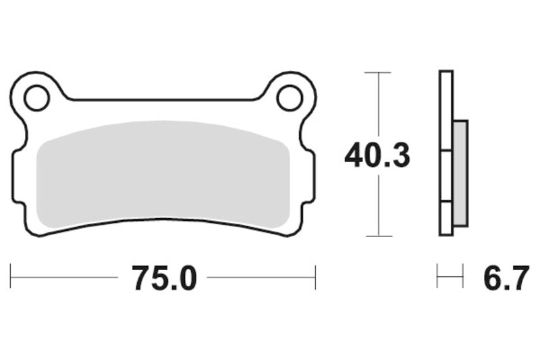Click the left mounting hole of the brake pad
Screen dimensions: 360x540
point(36,99)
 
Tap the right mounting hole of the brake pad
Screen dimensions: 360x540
point(290,99)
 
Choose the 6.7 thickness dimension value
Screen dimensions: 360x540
point(505,277)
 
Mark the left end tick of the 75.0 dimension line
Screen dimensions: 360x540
point(11,277)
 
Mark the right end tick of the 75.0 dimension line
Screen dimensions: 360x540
point(315,277)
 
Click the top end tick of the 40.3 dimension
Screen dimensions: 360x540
point(378,72)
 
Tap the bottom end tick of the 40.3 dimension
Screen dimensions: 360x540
point(378,236)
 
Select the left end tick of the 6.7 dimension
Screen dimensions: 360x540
point(438,276)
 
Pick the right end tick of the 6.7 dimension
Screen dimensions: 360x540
point(463,276)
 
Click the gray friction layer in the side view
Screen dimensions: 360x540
point(460,172)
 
